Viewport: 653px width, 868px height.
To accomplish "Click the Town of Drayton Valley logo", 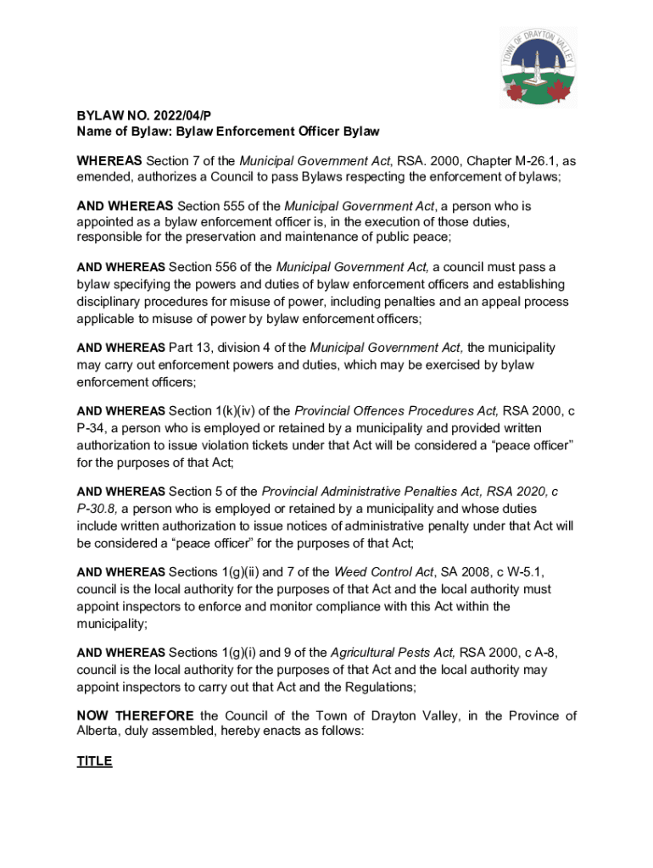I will click(x=538, y=66).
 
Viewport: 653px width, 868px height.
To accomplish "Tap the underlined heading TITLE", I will click(x=94, y=761).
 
